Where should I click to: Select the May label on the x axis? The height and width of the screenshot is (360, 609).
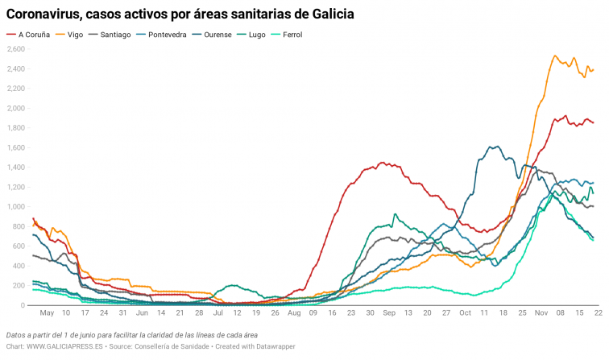pyautogui.click(x=47, y=312)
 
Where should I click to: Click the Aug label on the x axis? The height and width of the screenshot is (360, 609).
pyautogui.click(x=294, y=312)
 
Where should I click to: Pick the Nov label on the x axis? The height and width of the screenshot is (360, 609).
pyautogui.click(x=538, y=312)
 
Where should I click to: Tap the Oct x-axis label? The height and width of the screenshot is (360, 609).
pyautogui.click(x=465, y=312)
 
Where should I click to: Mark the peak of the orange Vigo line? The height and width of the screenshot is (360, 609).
pyautogui.click(x=555, y=56)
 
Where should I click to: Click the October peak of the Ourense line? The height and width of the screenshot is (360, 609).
pyautogui.click(x=495, y=147)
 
